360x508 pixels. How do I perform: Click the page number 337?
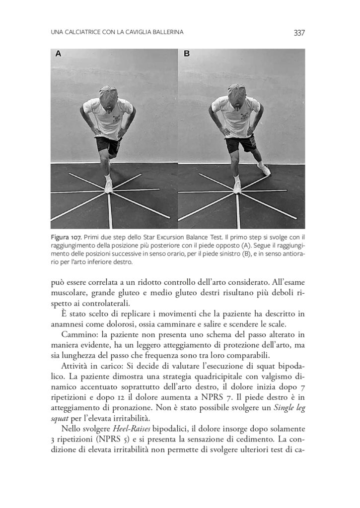tap(298, 33)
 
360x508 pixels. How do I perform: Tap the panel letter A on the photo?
tap(58, 54)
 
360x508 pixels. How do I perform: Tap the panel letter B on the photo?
tap(187, 54)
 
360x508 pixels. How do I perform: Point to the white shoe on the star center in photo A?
tap(109, 187)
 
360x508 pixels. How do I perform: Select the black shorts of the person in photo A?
tap(108, 144)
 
